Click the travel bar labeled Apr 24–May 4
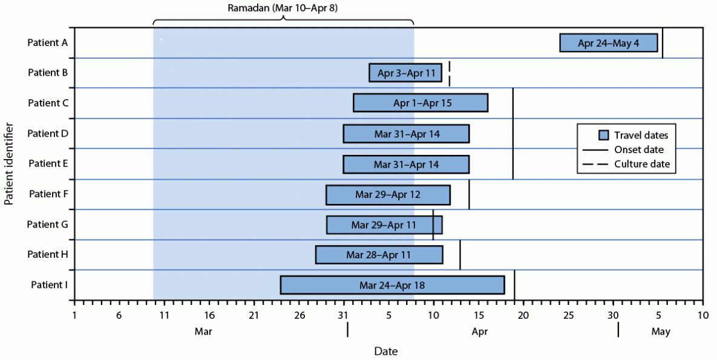tap(608, 43)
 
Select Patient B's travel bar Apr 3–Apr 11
tap(405, 73)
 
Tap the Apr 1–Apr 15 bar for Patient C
tap(421, 103)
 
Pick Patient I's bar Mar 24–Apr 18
tap(392, 286)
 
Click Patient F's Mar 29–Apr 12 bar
tap(388, 195)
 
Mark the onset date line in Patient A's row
tap(663, 43)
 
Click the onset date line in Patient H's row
tap(460, 255)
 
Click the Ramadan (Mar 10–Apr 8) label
tap(283, 8)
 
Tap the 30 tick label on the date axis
tap(613, 316)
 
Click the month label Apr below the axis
tap(479, 332)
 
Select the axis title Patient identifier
tap(9, 164)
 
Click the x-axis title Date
tap(385, 351)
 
